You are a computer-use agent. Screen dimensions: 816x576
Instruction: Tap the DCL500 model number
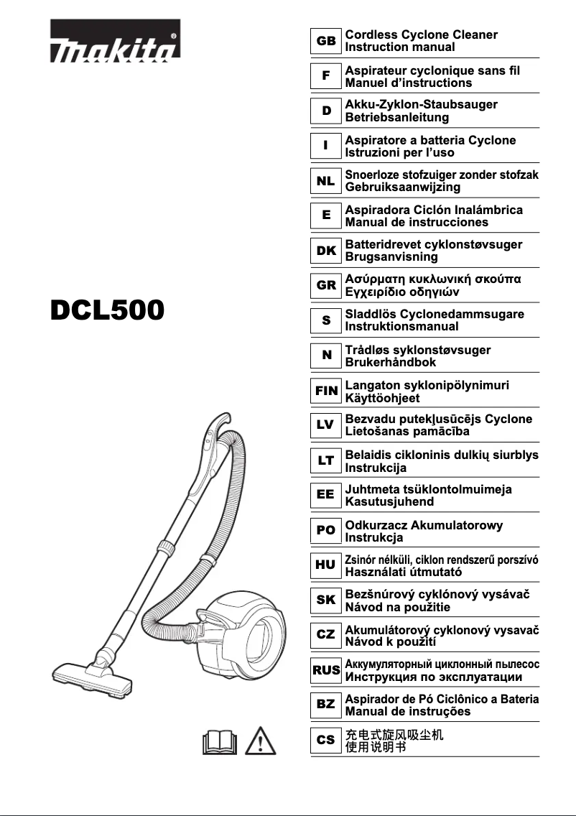click(108, 310)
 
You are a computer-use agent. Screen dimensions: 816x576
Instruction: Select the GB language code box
click(325, 41)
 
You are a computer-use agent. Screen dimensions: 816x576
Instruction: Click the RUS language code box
click(325, 669)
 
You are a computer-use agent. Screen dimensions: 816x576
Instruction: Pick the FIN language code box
click(325, 391)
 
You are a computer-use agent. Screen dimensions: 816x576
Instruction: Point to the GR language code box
click(325, 285)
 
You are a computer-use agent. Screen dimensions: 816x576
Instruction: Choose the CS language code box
click(325, 739)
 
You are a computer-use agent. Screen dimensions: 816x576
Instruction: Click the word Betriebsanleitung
click(397, 117)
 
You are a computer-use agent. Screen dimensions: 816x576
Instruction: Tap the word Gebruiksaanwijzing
click(403, 187)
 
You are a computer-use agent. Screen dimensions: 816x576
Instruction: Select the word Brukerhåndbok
click(391, 363)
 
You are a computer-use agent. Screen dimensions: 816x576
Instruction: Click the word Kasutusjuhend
click(390, 502)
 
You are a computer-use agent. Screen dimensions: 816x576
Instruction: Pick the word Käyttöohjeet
click(383, 397)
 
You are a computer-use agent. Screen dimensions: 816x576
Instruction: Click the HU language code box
click(325, 565)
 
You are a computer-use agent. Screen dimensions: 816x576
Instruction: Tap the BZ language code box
click(325, 704)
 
